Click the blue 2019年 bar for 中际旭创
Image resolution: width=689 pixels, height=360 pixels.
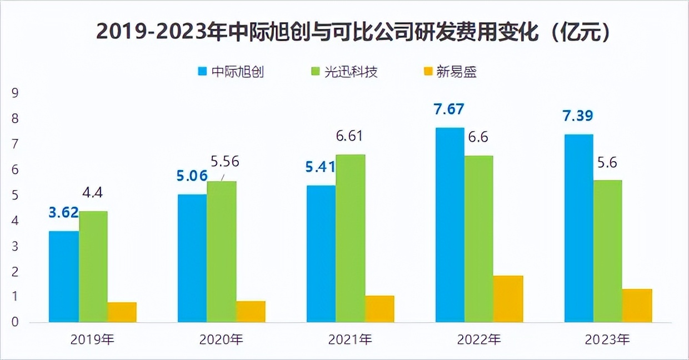pyautogui.click(x=64, y=277)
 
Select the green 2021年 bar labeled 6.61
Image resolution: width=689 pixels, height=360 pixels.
pyautogui.click(x=351, y=238)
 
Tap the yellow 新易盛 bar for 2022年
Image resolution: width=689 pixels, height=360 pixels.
pyautogui.click(x=508, y=299)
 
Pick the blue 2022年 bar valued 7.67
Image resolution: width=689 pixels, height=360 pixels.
pyautogui.click(x=450, y=225)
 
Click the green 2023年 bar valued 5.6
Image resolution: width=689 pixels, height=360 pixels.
pyautogui.click(x=607, y=251)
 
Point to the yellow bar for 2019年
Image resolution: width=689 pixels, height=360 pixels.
pyautogui.click(x=122, y=312)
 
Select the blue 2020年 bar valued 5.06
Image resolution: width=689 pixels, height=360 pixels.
pyautogui.click(x=192, y=258)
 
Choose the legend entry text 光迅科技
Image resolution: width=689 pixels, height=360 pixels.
pyautogui.click(x=351, y=72)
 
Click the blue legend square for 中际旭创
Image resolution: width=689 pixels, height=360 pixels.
pyautogui.click(x=202, y=72)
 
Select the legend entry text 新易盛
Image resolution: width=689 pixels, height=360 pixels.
pyautogui.click(x=457, y=72)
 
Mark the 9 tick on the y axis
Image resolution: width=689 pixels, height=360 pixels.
pyautogui.click(x=15, y=93)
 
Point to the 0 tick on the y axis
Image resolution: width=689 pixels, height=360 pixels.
pyautogui.click(x=15, y=322)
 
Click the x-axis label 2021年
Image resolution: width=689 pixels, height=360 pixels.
pyautogui.click(x=350, y=339)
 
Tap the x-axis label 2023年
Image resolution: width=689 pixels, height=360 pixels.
pyautogui.click(x=608, y=339)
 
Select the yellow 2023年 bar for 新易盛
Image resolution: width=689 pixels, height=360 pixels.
pyautogui.click(x=637, y=306)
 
